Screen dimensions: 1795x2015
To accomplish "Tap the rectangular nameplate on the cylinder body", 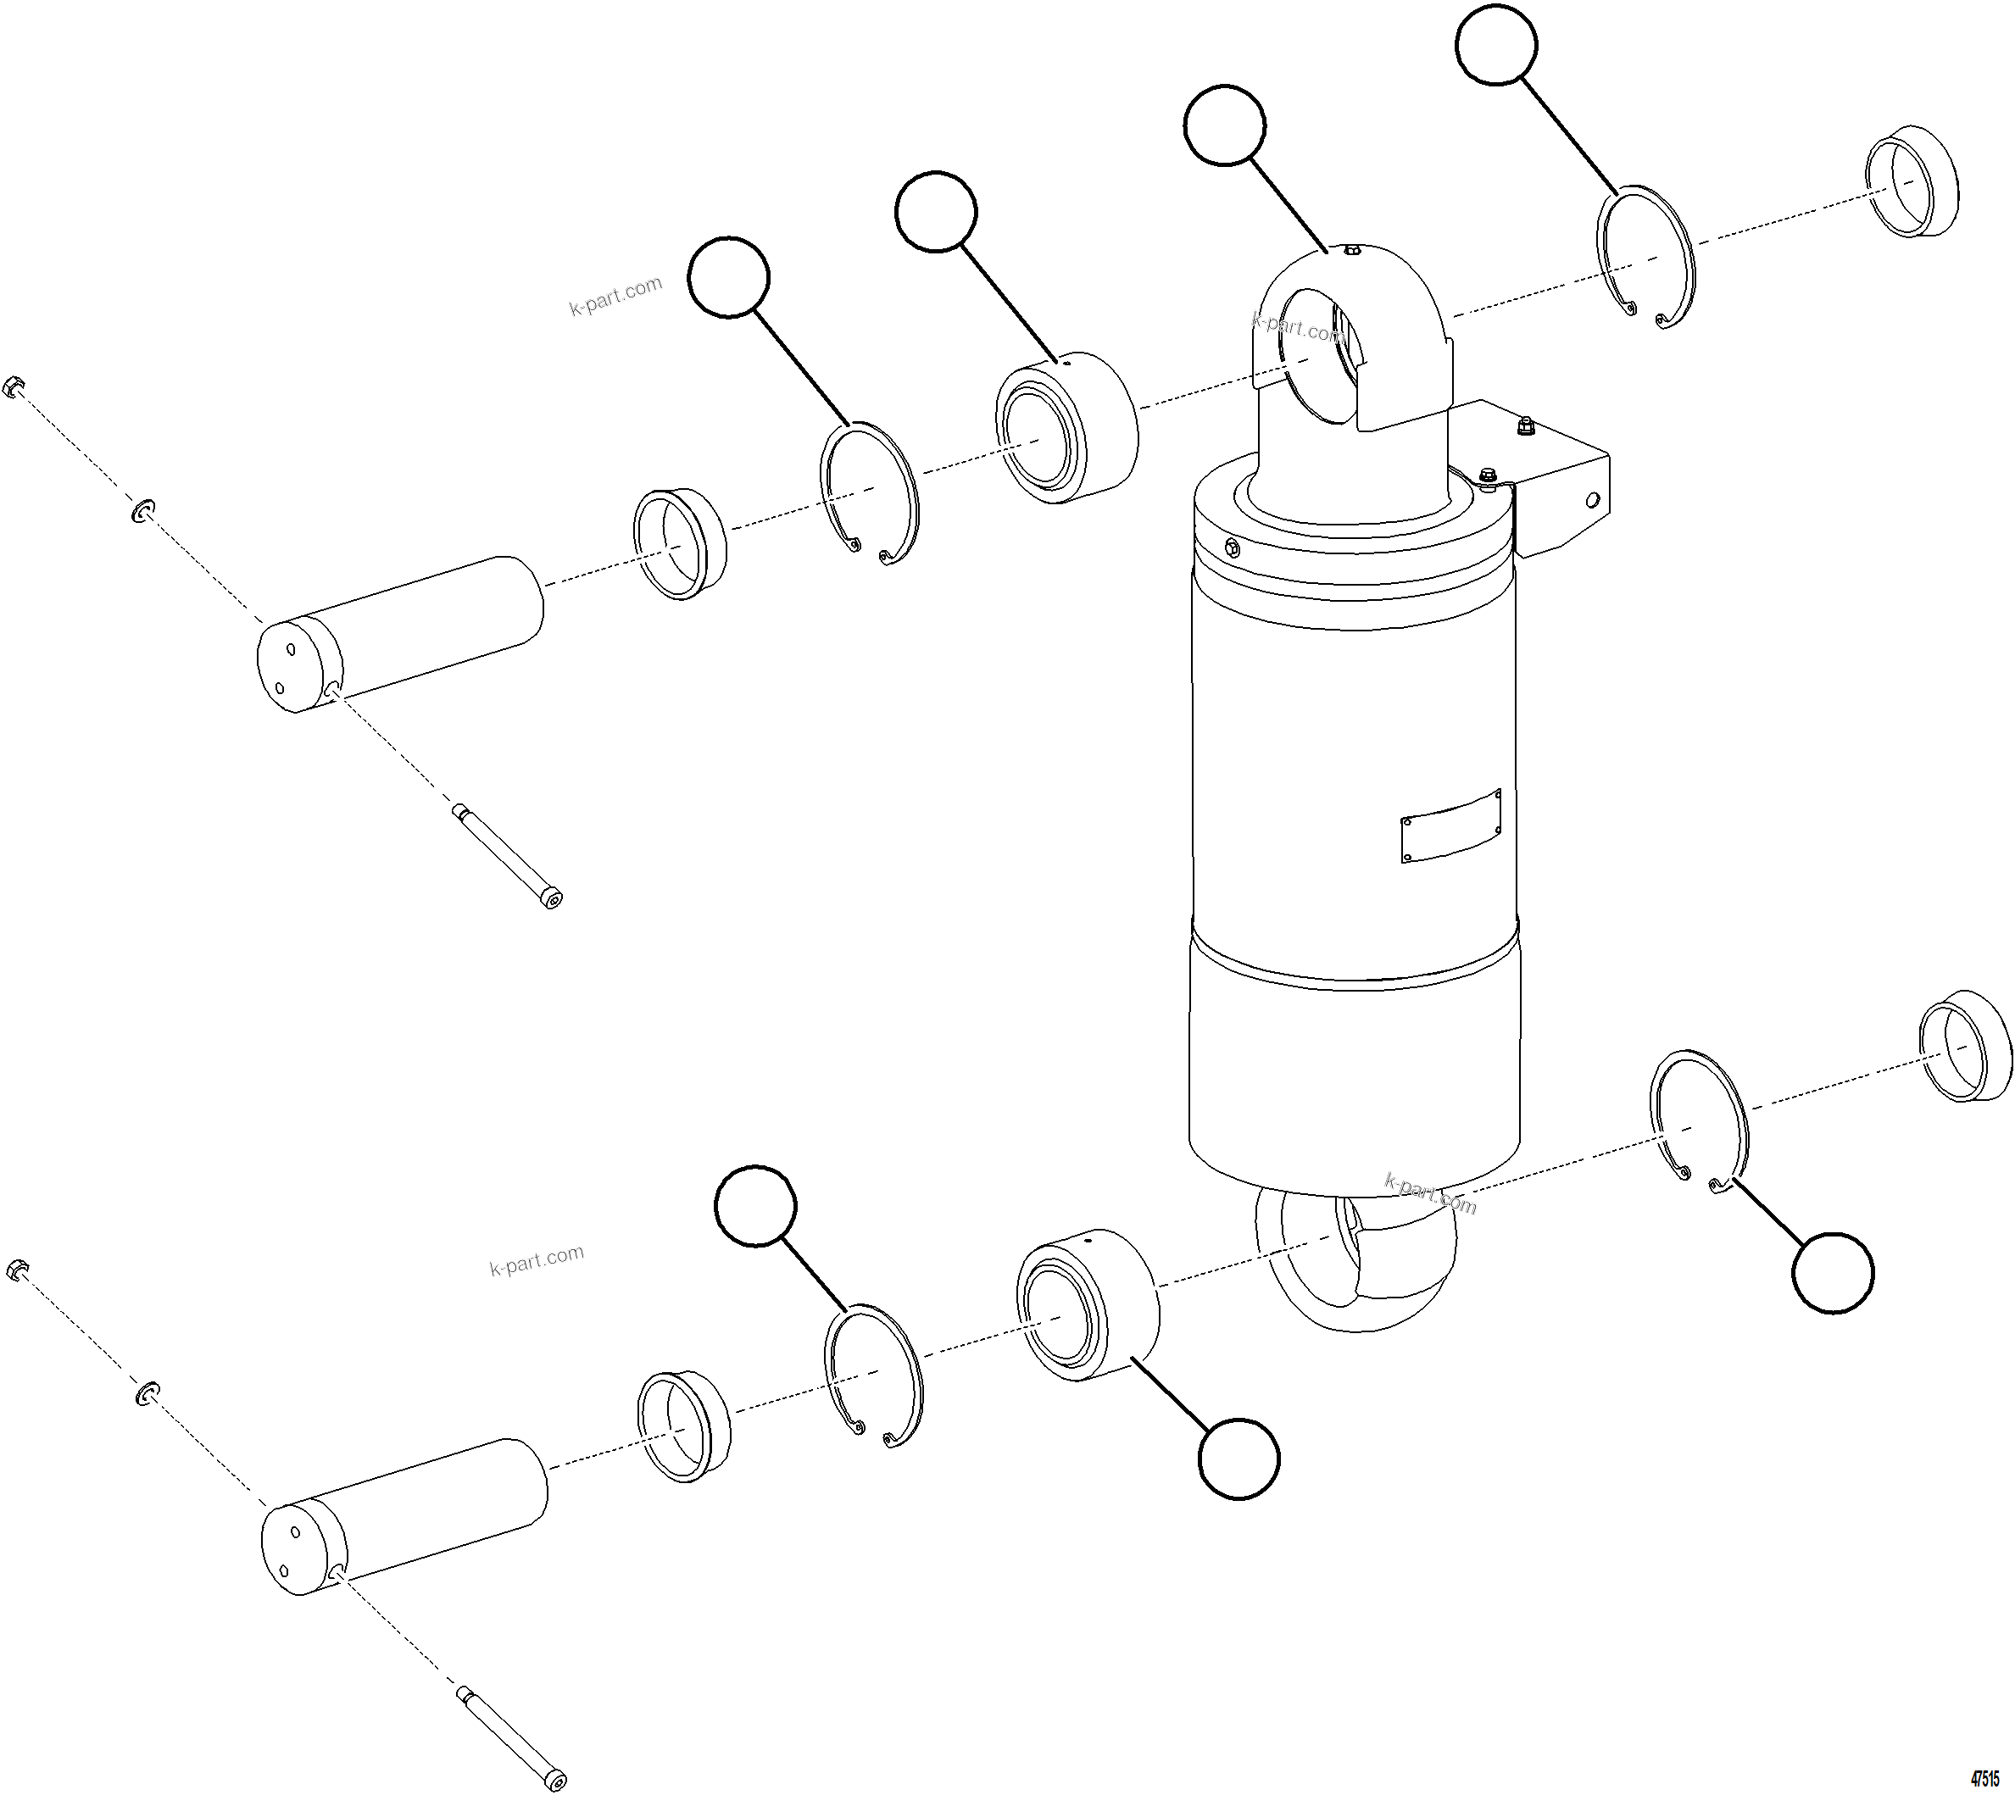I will coord(1450,825).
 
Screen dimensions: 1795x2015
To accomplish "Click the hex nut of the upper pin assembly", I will coord(14,386).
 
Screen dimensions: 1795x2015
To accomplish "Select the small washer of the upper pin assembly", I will coord(143,510).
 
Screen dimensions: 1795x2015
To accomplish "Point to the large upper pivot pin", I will coord(399,634).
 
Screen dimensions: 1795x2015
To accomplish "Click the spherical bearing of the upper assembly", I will coord(1066,427).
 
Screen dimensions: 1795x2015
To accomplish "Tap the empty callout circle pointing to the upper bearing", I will coord(936,211).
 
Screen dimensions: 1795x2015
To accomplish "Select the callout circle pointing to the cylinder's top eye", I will coord(1224,125).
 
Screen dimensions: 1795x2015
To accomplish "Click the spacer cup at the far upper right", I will coord(1912,181).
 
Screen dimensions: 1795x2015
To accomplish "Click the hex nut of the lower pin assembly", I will coord(17,1270).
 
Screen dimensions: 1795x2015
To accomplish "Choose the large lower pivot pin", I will coord(404,1516).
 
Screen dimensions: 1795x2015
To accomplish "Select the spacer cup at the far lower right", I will coord(1966,1046).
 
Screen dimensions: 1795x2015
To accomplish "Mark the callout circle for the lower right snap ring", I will coord(1832,1272).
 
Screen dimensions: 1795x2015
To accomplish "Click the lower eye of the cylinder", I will coord(1356,1264).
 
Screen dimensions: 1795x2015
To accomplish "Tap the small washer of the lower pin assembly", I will coord(146,1393).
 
